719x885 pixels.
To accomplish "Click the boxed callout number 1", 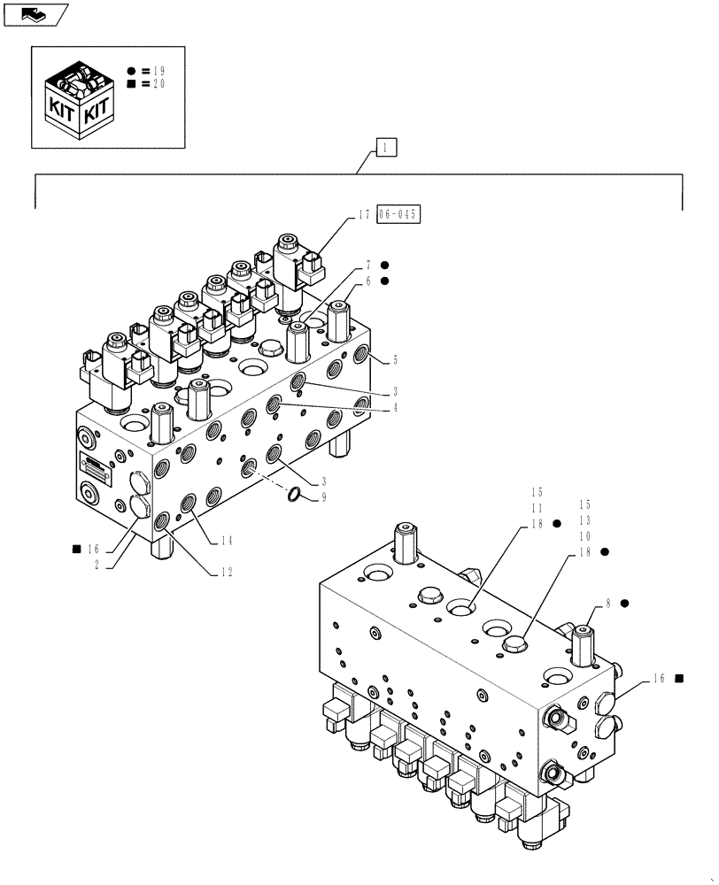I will tap(386, 148).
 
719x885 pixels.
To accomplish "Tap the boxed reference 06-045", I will tap(398, 214).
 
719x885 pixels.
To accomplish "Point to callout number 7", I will tap(368, 265).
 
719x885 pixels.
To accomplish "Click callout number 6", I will tap(368, 281).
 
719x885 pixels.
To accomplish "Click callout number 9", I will tap(324, 497).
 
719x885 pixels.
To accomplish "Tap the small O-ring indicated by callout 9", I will tap(296, 495).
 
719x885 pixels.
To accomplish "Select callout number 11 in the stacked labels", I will tap(536, 507).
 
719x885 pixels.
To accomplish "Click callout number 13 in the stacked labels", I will tap(585, 521).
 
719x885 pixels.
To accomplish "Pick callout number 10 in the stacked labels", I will tap(585, 536).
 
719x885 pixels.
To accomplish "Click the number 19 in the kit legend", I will tap(158, 70).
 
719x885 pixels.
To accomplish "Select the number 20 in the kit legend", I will tap(158, 84).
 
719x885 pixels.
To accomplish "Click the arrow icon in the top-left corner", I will tap(34, 13).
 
